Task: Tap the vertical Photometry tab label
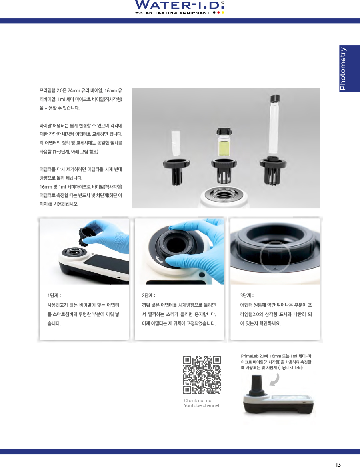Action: coord(343,68)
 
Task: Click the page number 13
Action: coord(338,465)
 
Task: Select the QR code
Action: coord(202,375)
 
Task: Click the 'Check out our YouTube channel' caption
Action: coord(201,403)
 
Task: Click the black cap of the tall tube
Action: coord(275,98)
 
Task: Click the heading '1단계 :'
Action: coord(54,295)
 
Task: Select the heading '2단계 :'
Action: coord(148,295)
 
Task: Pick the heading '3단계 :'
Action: coord(246,295)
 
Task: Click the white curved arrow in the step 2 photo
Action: coord(159,259)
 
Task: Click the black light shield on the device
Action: coord(256,385)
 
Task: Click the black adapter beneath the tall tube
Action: coord(273,170)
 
